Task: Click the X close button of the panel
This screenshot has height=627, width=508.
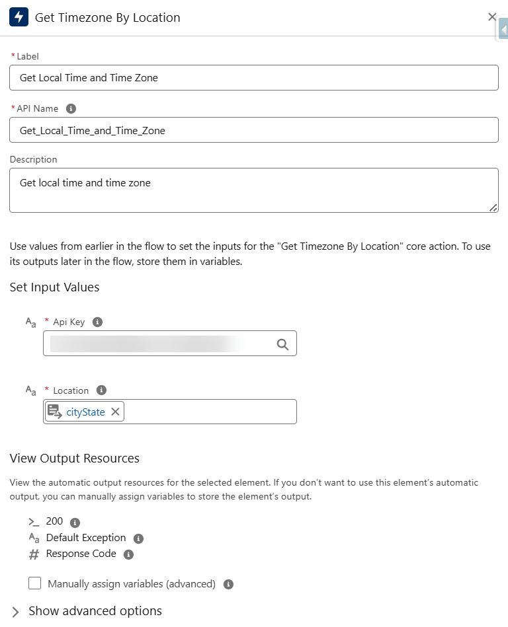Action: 491,17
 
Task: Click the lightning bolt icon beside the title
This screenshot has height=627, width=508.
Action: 19,17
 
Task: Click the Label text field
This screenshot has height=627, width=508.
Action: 253,77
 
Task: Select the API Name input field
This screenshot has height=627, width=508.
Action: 253,130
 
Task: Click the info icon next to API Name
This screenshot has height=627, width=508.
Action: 71,108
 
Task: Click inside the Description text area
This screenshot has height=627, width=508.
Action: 253,190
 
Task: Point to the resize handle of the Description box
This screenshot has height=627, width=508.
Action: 493,207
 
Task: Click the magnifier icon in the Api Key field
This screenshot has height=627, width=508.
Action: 282,344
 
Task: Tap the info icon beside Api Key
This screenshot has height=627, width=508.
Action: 97,322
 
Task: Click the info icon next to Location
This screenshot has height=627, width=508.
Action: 101,390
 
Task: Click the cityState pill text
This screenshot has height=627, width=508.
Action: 85,412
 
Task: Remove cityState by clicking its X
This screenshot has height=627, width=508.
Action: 115,412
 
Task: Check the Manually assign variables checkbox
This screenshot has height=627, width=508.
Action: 34,583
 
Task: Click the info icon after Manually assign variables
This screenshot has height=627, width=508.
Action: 228,584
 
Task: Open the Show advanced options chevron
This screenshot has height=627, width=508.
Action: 16,611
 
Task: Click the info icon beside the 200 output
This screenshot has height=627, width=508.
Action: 75,522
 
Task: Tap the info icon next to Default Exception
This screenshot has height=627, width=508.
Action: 138,538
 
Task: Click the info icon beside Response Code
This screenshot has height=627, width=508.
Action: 128,554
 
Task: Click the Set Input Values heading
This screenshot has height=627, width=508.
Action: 54,287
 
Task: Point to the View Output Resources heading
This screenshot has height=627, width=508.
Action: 74,458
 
